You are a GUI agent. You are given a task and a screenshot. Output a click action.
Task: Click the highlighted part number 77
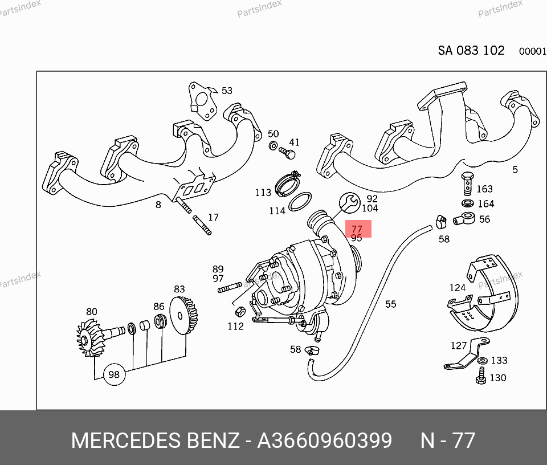click(357, 229)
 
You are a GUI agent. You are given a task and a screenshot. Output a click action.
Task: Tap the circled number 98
click(114, 374)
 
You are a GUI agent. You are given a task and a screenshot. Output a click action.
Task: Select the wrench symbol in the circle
click(349, 202)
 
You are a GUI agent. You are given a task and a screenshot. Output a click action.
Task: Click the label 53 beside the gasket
click(227, 91)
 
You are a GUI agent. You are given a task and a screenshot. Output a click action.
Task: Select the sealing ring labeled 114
click(300, 201)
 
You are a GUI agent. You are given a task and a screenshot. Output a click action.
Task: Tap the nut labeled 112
click(240, 312)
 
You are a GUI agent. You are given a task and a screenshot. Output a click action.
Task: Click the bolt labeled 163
click(466, 182)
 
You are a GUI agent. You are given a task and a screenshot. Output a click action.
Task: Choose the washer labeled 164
click(466, 203)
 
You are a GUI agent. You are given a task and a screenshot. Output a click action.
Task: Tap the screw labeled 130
click(480, 376)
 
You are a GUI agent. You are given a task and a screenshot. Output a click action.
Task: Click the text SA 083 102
click(471, 50)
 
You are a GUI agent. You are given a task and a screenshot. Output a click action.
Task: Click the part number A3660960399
click(325, 440)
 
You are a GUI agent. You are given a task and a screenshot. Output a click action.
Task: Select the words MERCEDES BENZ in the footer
click(155, 440)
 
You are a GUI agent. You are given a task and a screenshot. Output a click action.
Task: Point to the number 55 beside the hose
click(390, 304)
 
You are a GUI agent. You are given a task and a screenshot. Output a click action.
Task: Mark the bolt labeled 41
click(289, 154)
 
